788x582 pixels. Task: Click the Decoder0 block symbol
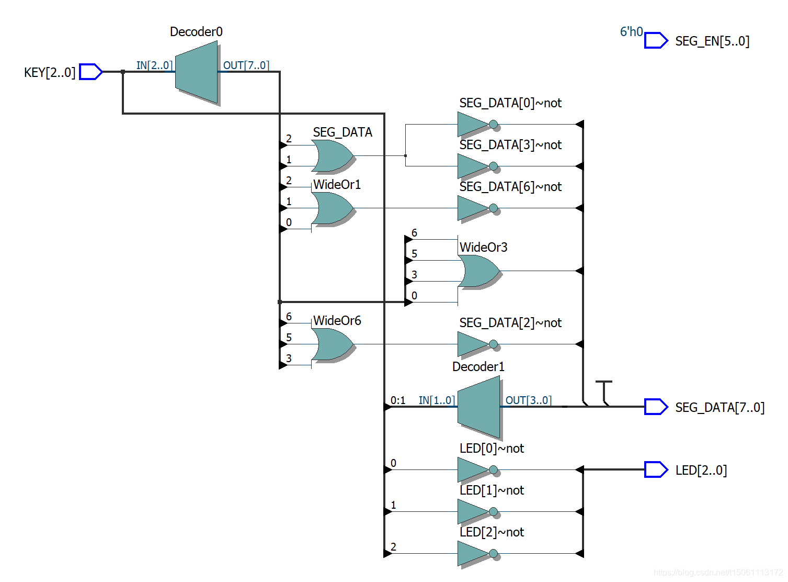[x=196, y=72]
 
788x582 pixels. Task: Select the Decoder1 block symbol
[x=478, y=407]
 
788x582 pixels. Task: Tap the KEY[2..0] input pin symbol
[x=90, y=72]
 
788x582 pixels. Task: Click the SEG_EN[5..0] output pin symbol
[x=656, y=40]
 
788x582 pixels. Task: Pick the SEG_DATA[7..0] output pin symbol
[x=656, y=407]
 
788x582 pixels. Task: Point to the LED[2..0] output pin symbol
[x=656, y=469]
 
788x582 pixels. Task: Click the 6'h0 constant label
[x=631, y=32]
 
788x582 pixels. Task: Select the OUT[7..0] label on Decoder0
[x=246, y=65]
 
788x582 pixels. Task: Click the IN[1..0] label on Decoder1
[x=437, y=400]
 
